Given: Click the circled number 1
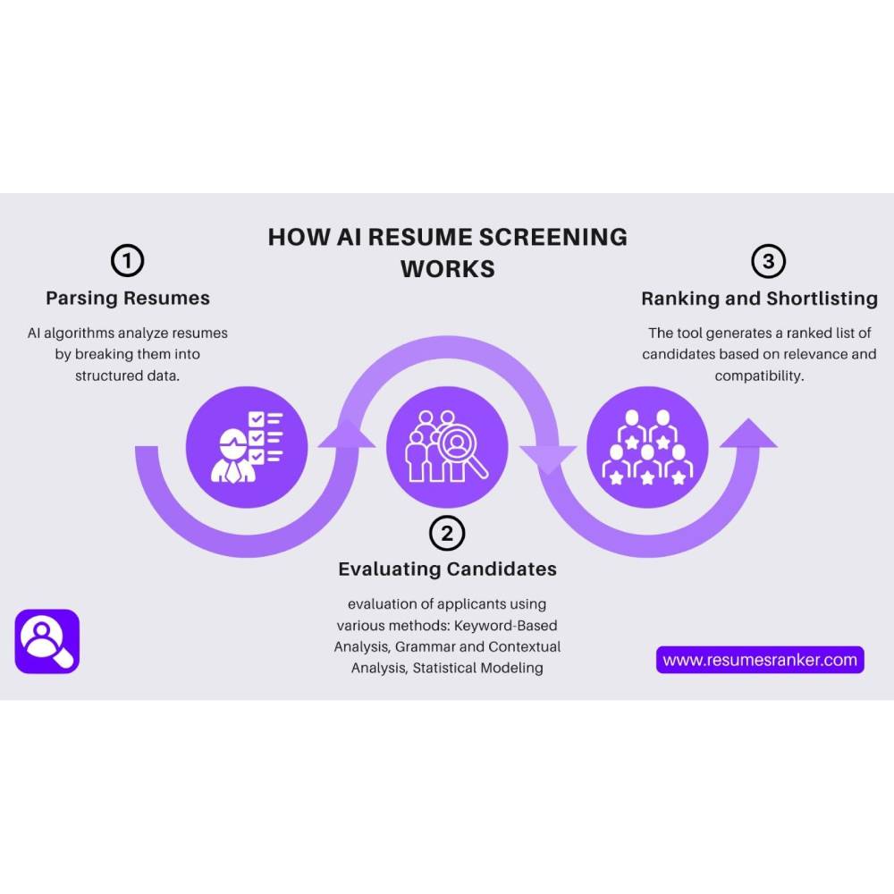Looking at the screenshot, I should click(127, 261).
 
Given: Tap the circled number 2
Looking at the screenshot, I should click(447, 534).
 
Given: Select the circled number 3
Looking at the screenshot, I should click(768, 261).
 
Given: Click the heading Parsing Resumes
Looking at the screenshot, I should click(127, 298).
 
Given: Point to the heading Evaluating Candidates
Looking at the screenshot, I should click(447, 569).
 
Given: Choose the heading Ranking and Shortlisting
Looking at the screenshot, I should click(759, 298).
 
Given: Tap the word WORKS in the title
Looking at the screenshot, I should click(447, 268).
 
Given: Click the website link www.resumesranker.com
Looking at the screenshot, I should click(760, 660).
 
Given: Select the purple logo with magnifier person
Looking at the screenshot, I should click(47, 641).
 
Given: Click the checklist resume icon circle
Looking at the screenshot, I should click(247, 446).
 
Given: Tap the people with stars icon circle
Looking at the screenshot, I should click(647, 446).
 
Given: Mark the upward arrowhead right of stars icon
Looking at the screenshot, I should click(748, 434).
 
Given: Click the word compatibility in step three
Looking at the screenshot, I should click(758, 375).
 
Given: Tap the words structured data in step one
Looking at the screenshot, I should click(127, 375).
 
